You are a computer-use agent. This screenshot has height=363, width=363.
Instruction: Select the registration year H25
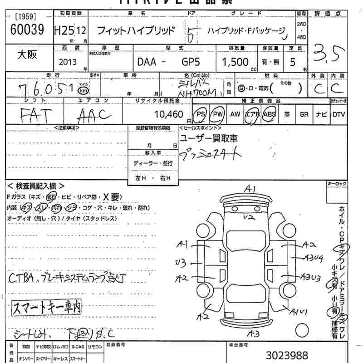63,31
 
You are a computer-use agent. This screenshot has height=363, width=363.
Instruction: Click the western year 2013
68,62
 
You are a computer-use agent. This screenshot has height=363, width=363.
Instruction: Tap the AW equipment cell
235,115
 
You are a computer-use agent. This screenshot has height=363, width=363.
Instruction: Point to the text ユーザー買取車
209,138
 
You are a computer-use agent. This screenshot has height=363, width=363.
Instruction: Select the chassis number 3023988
287,355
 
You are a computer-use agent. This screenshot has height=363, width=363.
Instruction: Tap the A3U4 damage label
314,258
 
